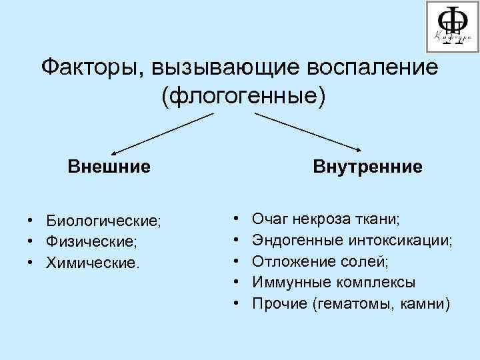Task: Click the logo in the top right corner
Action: point(450,26)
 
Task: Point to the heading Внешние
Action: point(109,165)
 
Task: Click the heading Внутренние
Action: point(367,165)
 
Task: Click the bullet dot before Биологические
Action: point(31,220)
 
